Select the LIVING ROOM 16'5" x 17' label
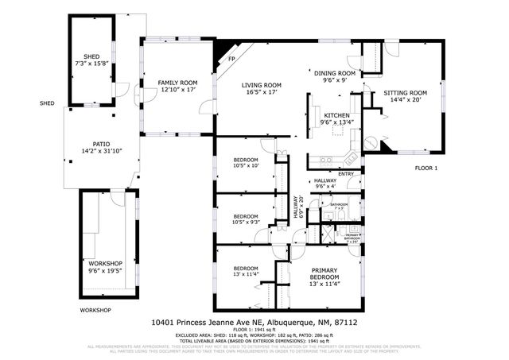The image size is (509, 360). coord(262,89)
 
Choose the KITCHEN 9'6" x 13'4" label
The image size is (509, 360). coord(335,119)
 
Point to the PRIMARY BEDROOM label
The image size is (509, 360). coord(324,277)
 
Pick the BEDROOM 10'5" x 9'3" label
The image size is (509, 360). coord(245,219)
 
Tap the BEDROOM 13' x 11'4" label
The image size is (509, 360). coord(245,273)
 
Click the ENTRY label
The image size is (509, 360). coord(345,174)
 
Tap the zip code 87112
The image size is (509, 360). coord(347,323)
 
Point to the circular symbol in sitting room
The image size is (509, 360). coord(371,143)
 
